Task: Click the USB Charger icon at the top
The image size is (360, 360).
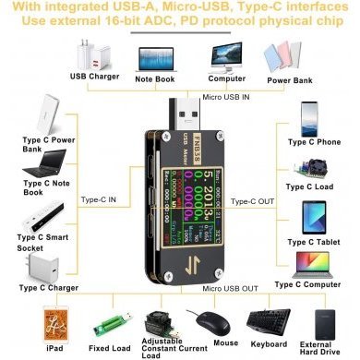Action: coord(91,52)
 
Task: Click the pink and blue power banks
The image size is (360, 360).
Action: coord(287,54)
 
